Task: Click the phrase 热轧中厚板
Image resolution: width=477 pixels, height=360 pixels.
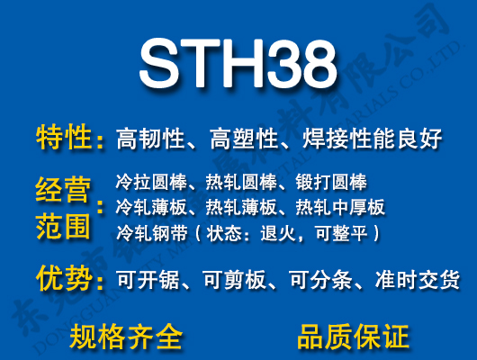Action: point(340,208)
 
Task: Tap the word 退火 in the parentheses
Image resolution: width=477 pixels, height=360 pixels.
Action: point(290,233)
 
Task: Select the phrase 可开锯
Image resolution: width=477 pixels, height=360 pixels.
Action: point(149,280)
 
